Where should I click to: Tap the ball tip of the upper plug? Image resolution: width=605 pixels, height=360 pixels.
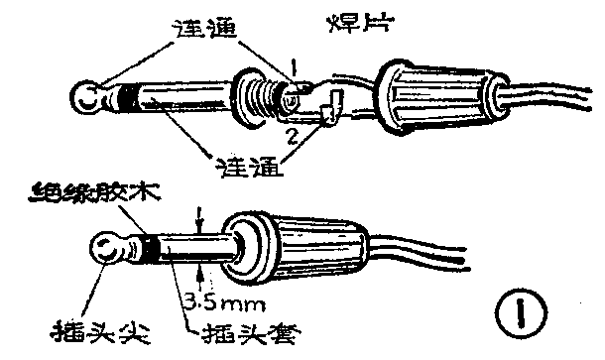(x=86, y=96)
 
